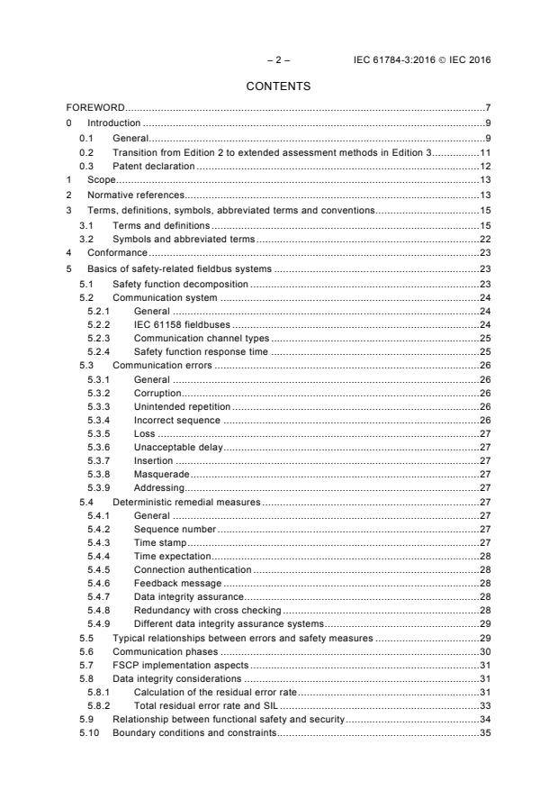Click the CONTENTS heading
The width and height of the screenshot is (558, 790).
(x=278, y=86)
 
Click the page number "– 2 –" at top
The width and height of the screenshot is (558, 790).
(x=278, y=59)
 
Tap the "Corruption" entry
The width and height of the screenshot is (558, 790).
(x=157, y=393)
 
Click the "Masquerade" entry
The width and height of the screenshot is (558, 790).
(x=161, y=474)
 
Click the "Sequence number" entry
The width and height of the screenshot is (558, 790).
(x=175, y=530)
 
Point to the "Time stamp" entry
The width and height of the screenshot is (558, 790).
(x=159, y=543)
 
